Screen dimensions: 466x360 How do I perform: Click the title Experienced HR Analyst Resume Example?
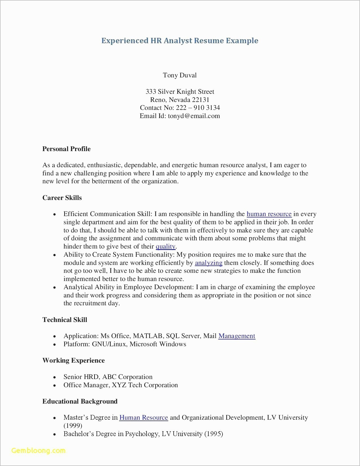coord(180,41)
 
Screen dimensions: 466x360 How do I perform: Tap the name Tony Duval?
coord(180,75)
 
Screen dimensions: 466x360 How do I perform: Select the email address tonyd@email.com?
coord(194,116)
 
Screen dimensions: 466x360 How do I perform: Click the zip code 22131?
coord(200,100)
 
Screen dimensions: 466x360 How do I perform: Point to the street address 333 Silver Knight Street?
coord(180,92)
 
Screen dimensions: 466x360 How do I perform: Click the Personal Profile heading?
coord(66,149)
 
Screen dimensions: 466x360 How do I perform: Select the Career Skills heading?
coord(62,198)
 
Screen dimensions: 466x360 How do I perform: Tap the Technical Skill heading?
coord(65,320)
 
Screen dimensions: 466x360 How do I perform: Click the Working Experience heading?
coord(73,360)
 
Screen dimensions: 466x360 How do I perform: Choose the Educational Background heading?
coord(80,401)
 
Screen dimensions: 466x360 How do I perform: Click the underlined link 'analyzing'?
coord(209,263)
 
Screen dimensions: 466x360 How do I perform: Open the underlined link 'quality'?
coord(165,247)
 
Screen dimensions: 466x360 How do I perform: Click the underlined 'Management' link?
coord(237,336)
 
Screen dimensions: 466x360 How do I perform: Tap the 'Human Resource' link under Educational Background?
coord(143,417)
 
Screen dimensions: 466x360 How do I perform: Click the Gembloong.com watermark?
coord(38,450)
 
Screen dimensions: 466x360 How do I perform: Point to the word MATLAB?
coord(148,336)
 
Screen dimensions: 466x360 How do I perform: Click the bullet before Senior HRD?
coord(55,378)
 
